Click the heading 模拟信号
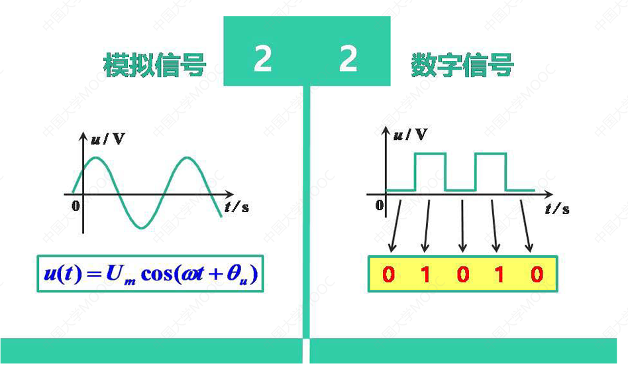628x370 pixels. click(155, 65)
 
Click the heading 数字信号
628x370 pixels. click(462, 65)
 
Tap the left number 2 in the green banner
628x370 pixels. click(263, 60)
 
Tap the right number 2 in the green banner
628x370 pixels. click(348, 60)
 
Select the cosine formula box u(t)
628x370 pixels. click(149, 274)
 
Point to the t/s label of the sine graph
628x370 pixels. click(236, 206)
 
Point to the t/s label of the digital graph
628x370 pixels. click(557, 209)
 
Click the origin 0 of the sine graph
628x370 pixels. click(75, 206)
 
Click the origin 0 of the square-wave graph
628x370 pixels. click(379, 205)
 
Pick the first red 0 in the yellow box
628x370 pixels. click(389, 274)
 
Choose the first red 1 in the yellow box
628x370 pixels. click(425, 274)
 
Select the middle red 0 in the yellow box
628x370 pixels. click(462, 274)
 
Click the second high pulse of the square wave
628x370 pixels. click(491, 154)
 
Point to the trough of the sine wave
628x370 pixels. click(141, 227)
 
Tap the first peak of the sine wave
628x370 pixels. click(96, 158)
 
